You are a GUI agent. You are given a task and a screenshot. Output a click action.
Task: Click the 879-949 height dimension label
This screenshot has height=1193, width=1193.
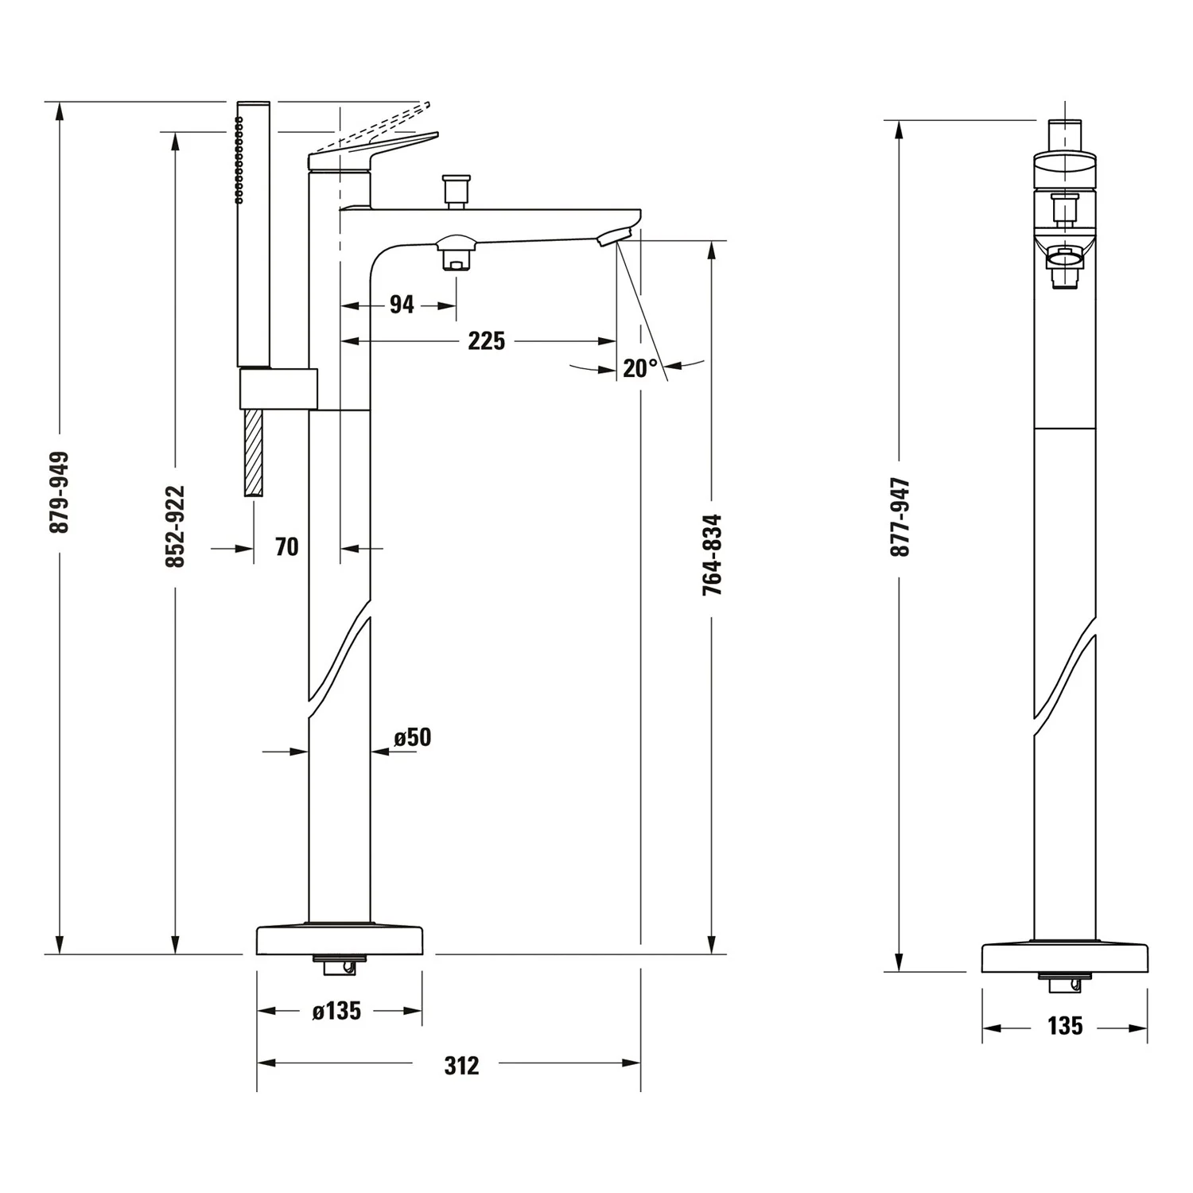(59, 492)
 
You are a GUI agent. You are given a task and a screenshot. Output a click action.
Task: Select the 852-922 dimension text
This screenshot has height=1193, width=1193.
(175, 527)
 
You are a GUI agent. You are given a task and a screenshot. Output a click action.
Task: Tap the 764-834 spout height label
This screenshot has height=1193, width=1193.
(712, 555)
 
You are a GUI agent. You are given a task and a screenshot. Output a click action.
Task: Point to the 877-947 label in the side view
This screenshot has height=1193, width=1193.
(900, 517)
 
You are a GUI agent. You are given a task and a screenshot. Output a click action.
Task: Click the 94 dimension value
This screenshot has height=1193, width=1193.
(402, 304)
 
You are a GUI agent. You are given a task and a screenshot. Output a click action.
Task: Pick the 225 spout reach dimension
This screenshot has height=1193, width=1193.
(486, 341)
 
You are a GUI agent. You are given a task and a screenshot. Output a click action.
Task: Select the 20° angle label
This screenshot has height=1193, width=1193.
(640, 368)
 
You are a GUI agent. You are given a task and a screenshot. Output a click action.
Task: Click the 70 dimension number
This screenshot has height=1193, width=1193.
(286, 547)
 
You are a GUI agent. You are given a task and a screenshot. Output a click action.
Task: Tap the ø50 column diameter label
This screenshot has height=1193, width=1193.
(413, 737)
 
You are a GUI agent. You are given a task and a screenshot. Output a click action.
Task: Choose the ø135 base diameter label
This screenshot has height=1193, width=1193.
(337, 1011)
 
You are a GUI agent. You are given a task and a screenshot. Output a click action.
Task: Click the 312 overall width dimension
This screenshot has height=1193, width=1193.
(461, 1066)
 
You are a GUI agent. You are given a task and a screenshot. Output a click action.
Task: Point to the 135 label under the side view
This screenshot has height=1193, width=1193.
(1065, 1026)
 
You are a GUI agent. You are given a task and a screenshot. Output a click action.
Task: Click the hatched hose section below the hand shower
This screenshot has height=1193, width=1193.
(253, 453)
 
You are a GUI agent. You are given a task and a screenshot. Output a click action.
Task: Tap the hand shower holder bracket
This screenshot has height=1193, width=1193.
(278, 389)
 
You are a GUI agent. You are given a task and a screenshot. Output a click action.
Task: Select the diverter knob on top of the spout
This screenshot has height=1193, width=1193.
(457, 190)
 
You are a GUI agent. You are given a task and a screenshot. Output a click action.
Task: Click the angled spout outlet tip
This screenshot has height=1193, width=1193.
(616, 236)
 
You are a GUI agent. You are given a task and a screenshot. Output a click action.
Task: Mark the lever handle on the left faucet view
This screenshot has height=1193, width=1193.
(372, 150)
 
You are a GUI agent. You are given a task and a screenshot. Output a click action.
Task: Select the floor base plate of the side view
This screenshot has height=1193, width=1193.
(1065, 958)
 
